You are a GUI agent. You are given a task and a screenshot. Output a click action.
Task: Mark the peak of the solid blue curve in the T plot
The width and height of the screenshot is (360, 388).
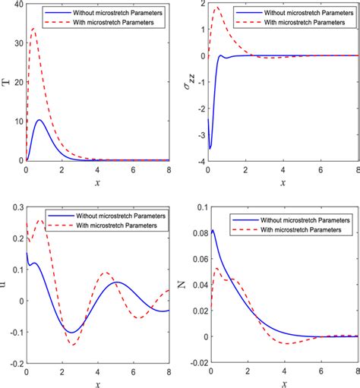40,120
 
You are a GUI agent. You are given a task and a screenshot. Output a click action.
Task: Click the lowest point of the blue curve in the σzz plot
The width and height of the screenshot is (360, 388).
210,147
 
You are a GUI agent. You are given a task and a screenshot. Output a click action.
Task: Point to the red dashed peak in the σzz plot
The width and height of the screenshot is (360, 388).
217,8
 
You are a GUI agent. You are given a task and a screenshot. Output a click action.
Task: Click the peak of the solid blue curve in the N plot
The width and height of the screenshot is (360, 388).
212,230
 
